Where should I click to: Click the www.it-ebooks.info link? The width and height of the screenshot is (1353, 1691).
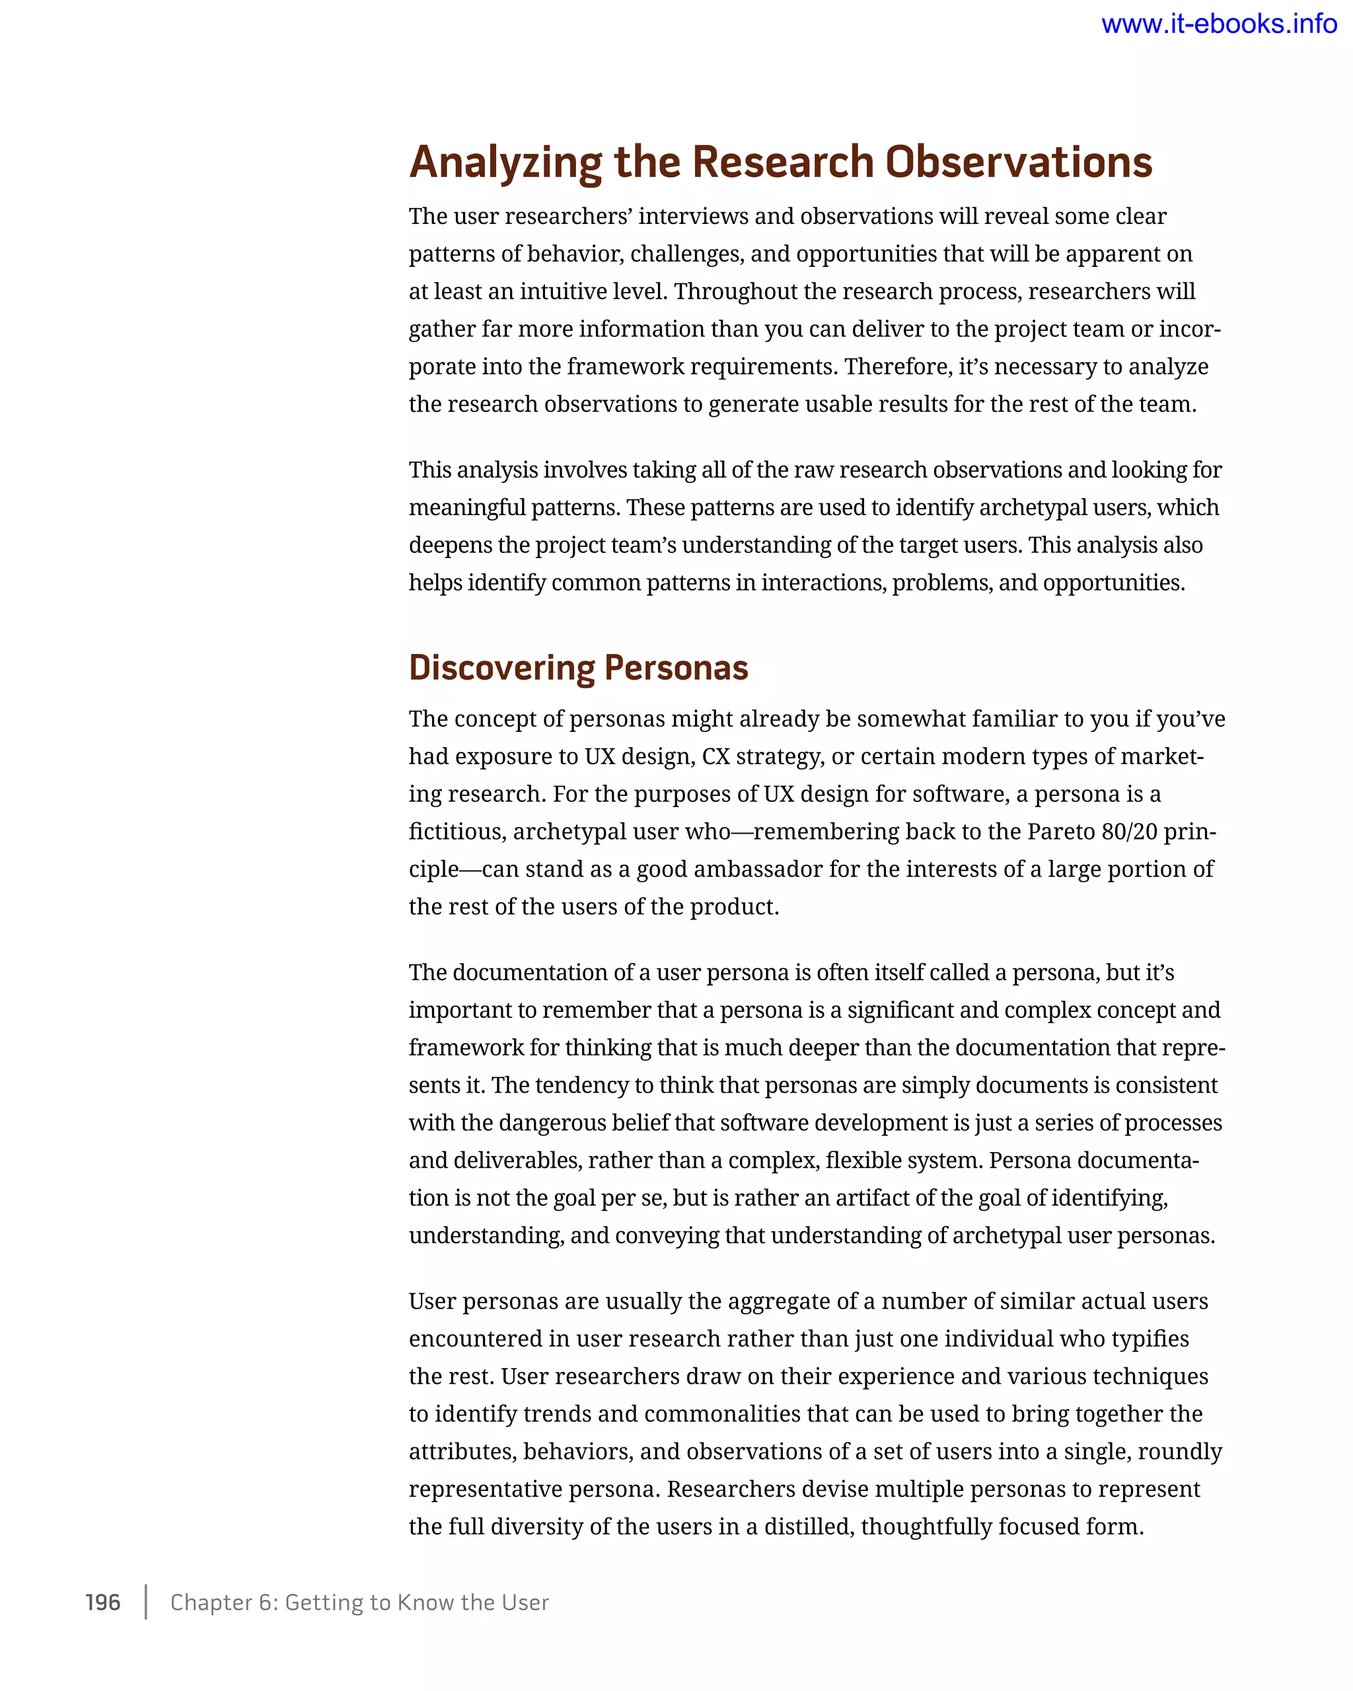click(x=1218, y=24)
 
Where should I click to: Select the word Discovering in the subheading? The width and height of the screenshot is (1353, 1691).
click(x=502, y=668)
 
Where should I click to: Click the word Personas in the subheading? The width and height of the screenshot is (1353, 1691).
click(x=676, y=668)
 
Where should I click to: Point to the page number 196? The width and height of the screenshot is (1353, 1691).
click(x=103, y=1602)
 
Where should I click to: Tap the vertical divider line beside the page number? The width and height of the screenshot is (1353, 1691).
click(x=146, y=1602)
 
